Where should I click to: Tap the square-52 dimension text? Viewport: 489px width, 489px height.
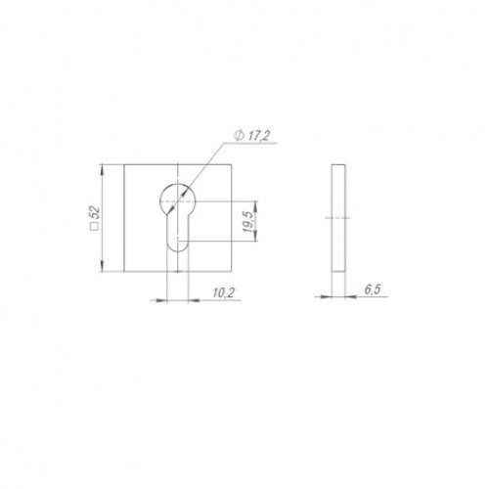pos(95,218)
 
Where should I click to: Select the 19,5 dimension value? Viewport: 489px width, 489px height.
pos(248,222)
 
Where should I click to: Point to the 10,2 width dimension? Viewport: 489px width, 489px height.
pos(224,292)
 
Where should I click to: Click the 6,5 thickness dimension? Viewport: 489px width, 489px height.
pos(373,289)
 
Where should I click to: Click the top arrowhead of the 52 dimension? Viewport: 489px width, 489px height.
pos(103,170)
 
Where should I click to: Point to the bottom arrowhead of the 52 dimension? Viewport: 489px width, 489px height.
pos(103,266)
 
